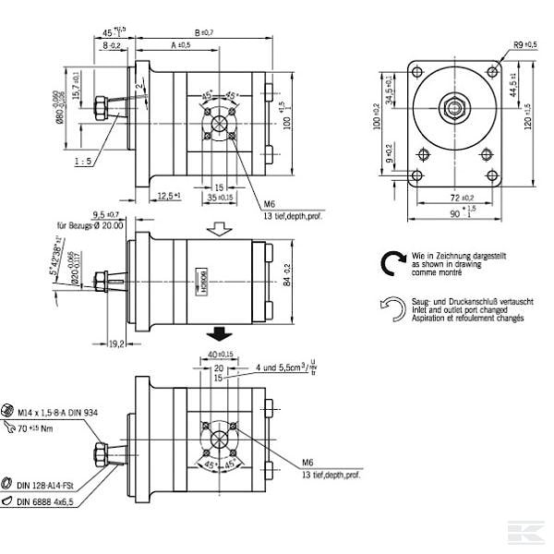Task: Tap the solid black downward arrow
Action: tap(219, 331)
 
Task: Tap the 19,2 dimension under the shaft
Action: tap(117, 343)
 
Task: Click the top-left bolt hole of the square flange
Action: tap(418, 72)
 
